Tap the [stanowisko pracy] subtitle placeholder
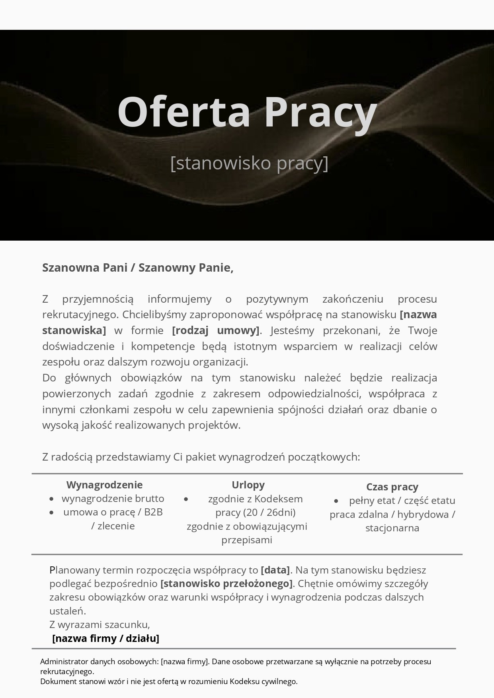pos(249,163)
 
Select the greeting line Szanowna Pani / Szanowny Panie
pos(138,268)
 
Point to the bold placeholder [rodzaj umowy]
pos(216,331)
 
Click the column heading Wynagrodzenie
pos(104,485)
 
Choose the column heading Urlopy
pos(248,485)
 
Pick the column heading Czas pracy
pos(392,487)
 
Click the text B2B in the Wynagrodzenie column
pos(153,512)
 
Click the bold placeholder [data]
pos(275,570)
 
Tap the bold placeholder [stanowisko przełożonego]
pos(226,583)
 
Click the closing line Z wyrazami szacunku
pos(100,624)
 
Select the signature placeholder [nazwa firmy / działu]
pos(106,638)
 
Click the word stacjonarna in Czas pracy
pos(392,528)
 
